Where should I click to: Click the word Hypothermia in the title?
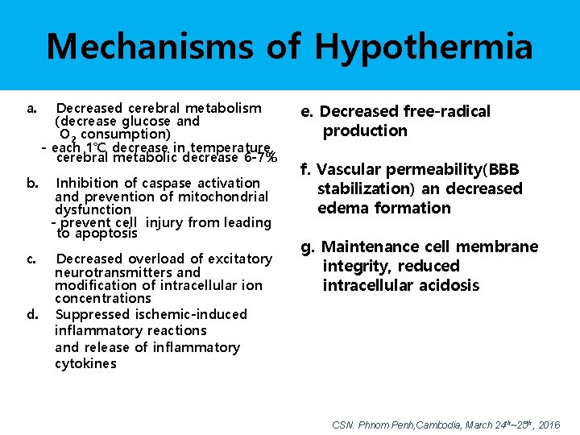point(424,47)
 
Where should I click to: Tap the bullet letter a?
point(31,108)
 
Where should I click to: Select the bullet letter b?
point(31,183)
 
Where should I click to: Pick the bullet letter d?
point(31,314)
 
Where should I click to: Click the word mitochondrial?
point(218,197)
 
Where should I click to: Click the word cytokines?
point(85,363)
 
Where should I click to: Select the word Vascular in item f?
point(349,169)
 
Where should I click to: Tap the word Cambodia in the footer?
point(441,425)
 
